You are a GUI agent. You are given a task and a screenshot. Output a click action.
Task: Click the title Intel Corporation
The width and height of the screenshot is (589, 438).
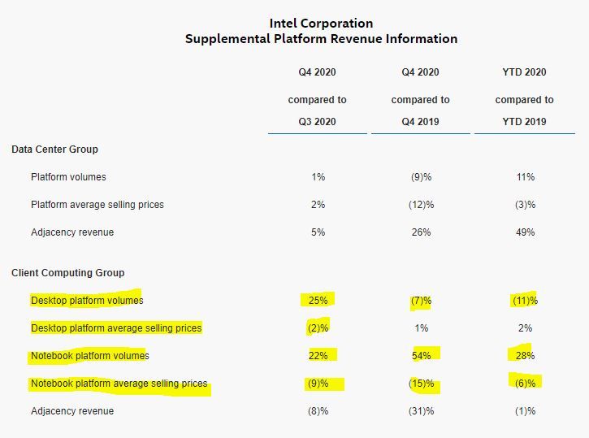click(x=321, y=23)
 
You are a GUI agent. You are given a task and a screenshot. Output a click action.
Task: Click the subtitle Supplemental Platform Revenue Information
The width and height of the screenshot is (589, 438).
click(x=321, y=39)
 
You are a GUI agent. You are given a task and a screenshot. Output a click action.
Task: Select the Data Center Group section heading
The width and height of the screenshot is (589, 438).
click(x=54, y=150)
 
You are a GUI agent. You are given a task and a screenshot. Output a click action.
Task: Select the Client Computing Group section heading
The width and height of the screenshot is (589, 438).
click(x=68, y=273)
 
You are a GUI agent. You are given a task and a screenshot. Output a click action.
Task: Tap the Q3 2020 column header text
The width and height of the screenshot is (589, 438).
click(x=317, y=122)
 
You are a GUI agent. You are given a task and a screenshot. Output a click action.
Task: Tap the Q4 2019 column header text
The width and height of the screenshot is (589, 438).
click(x=420, y=122)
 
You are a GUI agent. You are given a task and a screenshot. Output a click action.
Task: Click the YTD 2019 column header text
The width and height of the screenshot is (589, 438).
click(x=524, y=122)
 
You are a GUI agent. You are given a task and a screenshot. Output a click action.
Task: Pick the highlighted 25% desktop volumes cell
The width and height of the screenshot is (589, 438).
click(x=318, y=301)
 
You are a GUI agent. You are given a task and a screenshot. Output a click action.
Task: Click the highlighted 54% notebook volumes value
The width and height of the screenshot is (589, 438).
click(x=421, y=356)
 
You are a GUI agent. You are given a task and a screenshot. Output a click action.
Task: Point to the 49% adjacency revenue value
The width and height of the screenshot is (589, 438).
click(x=525, y=232)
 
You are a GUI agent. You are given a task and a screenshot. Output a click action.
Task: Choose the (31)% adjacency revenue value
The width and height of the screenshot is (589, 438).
click(x=421, y=411)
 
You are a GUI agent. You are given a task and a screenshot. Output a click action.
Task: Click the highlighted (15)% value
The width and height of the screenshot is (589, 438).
click(x=421, y=384)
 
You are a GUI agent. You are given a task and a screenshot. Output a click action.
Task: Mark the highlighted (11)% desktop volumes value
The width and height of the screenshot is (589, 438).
click(x=525, y=301)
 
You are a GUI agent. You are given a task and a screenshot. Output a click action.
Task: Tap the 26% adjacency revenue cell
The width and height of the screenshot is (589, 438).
click(x=421, y=232)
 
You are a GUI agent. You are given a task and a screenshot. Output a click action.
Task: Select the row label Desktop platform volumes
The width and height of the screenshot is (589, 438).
click(x=87, y=301)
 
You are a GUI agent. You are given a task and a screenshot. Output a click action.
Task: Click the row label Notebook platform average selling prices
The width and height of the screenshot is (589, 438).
click(x=119, y=384)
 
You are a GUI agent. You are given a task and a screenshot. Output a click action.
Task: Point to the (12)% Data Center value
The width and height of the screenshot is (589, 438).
click(x=421, y=205)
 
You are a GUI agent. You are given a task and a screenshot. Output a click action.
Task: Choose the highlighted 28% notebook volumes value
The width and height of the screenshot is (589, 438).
click(x=525, y=356)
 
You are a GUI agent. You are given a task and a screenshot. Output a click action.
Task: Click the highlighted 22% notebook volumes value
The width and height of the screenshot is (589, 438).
click(x=318, y=356)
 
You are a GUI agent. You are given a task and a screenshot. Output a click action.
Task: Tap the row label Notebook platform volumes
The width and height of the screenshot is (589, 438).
click(x=90, y=356)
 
